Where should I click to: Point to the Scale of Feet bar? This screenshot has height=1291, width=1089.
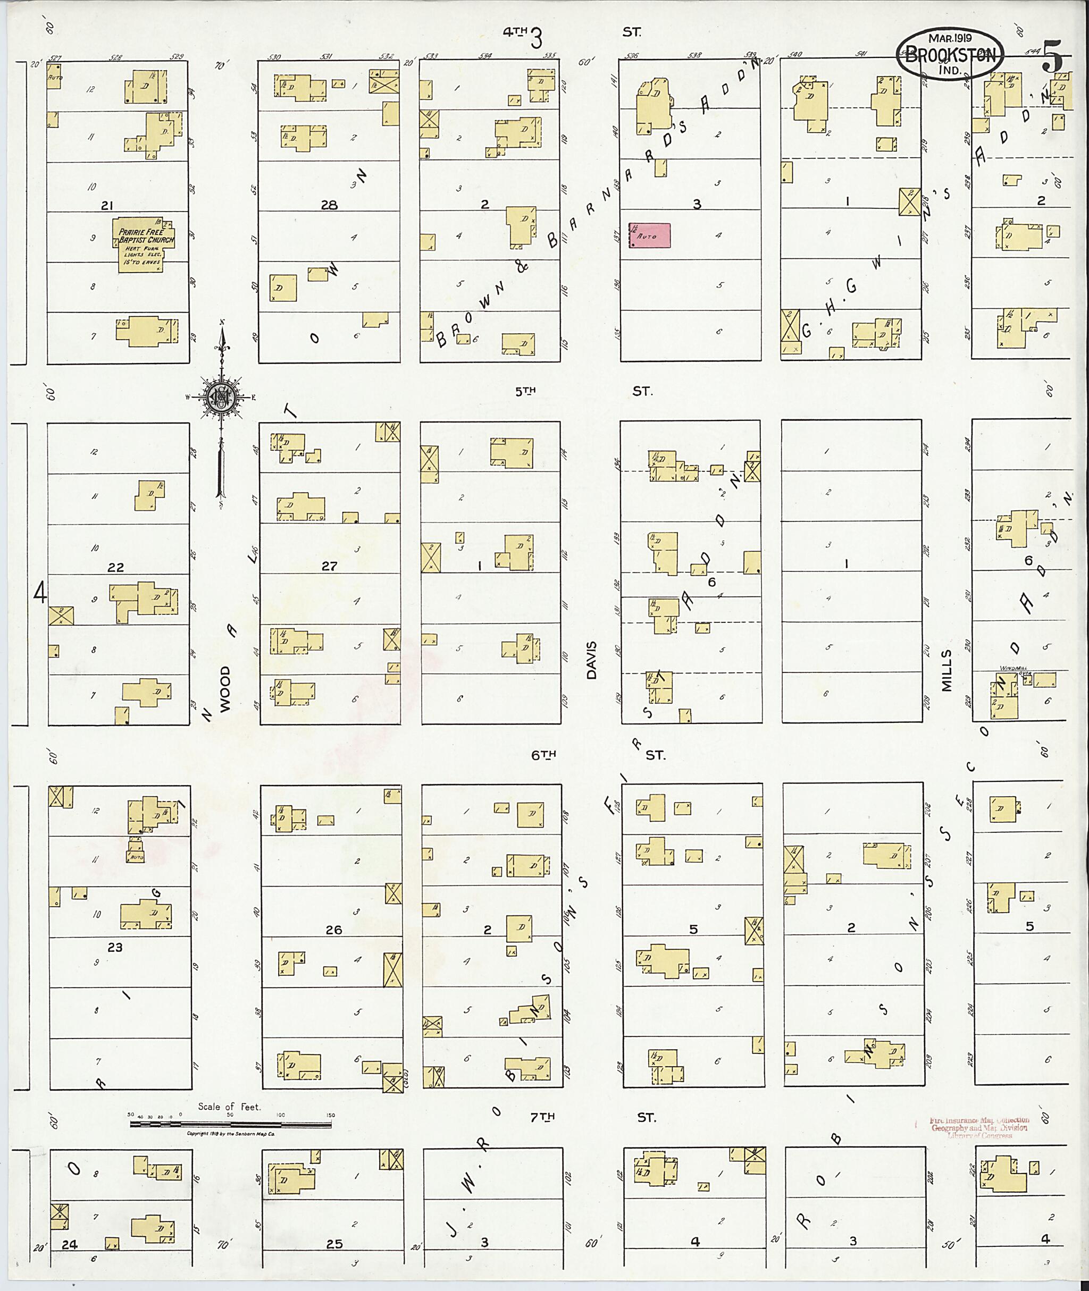point(230,1125)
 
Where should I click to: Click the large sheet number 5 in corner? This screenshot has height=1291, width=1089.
point(1053,57)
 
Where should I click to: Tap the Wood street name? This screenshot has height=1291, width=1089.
point(225,689)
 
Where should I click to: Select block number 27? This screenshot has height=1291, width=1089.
point(329,566)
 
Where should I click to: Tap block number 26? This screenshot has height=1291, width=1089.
point(333,930)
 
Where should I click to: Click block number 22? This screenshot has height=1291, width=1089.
point(115,568)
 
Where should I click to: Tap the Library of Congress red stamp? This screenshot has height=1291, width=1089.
point(978,1127)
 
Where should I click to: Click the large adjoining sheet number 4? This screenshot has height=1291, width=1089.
point(40,594)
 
